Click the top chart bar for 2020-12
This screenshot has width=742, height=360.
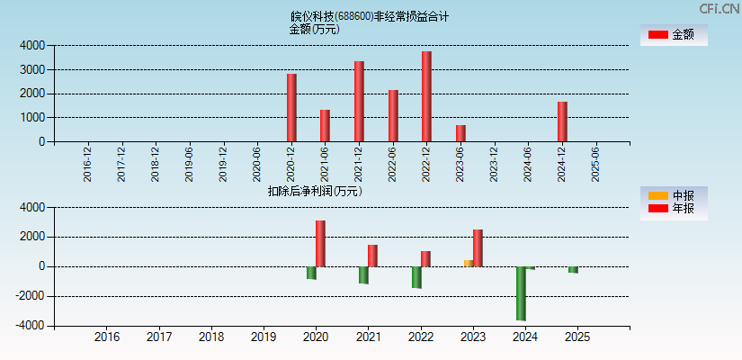[291, 108]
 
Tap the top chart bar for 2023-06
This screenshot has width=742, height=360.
[460, 133]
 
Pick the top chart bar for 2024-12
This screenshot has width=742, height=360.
[562, 121]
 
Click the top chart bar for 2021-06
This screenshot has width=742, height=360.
[325, 126]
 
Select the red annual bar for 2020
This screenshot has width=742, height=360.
[320, 243]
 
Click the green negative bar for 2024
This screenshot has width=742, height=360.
[521, 293]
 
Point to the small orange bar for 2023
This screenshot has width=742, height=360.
[468, 263]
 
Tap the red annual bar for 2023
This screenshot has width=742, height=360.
[478, 247]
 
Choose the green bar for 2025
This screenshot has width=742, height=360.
[573, 269]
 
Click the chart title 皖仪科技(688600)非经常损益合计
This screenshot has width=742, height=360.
[370, 16]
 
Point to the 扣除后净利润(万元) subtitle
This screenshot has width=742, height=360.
[314, 191]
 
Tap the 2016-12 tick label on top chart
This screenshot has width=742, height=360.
[87, 165]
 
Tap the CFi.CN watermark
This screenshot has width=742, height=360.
[719, 8]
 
